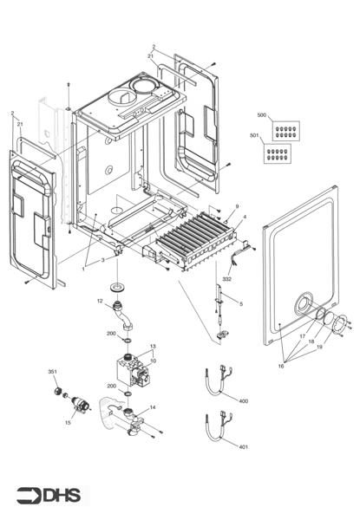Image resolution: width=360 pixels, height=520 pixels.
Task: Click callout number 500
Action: click(x=263, y=114)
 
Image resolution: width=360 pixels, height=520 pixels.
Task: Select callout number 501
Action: click(x=253, y=136)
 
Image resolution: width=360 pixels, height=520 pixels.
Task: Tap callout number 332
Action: click(x=226, y=280)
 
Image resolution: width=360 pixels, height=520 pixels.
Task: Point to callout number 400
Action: click(x=243, y=401)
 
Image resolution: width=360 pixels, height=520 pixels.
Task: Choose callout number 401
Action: click(x=243, y=446)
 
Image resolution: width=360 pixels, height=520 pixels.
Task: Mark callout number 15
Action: click(x=68, y=422)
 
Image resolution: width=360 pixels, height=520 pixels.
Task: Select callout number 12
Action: click(x=101, y=301)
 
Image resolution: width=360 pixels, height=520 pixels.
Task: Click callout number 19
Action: click(x=318, y=347)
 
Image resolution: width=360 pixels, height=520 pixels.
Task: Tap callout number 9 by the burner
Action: click(x=236, y=207)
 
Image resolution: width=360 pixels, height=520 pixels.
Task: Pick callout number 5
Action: click(x=241, y=304)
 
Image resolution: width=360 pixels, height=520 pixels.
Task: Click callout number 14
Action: click(x=154, y=407)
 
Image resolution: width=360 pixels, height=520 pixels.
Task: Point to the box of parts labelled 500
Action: click(x=282, y=133)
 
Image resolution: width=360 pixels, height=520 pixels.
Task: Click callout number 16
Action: click(x=281, y=367)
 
